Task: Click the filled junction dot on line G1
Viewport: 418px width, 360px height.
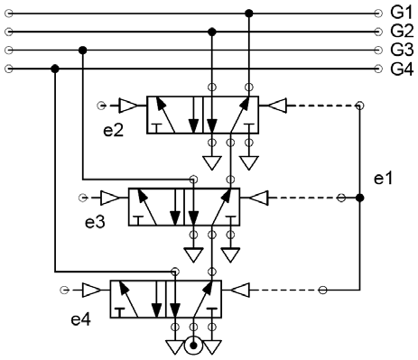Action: click(248, 13)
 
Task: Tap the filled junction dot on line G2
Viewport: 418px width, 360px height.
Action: click(212, 32)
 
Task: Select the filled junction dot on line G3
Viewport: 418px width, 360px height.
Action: click(83, 50)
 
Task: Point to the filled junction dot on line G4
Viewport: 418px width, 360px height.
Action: click(56, 69)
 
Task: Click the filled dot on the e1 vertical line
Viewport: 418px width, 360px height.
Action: click(359, 197)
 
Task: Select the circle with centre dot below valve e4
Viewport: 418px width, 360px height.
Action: click(193, 345)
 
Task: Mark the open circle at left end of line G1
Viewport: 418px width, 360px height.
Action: click(8, 13)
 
